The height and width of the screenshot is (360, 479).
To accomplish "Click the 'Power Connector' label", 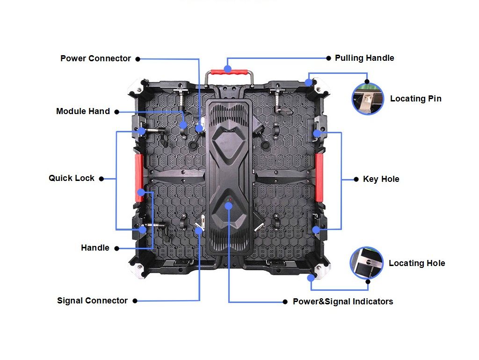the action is pyautogui.click(x=95, y=58).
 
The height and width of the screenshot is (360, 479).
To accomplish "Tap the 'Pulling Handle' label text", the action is pyautogui.click(x=364, y=58).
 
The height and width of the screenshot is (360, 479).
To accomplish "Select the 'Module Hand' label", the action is pyautogui.click(x=83, y=111).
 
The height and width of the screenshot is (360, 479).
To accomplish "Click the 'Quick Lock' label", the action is pyautogui.click(x=72, y=178).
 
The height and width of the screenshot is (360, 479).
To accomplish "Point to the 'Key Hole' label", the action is pyautogui.click(x=381, y=179).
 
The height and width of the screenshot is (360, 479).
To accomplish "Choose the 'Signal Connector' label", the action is pyautogui.click(x=92, y=301).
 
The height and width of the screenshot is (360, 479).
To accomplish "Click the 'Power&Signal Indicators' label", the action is pyautogui.click(x=343, y=302).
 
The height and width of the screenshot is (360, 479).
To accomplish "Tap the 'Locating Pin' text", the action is pyautogui.click(x=416, y=99).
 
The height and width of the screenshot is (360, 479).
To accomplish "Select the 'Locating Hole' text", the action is pyautogui.click(x=417, y=263).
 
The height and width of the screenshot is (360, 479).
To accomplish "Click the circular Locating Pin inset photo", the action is pyautogui.click(x=368, y=99).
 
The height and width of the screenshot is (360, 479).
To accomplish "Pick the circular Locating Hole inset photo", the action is pyautogui.click(x=366, y=263).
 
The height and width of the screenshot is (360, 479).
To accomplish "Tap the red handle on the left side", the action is pyautogui.click(x=139, y=178).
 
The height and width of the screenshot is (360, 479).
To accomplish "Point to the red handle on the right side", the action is pyautogui.click(x=319, y=177).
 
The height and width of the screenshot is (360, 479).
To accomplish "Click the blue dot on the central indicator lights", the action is pyautogui.click(x=228, y=206).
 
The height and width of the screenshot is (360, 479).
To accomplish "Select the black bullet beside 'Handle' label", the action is pyautogui.click(x=116, y=249).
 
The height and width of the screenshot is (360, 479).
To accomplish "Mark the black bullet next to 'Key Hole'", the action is pyautogui.click(x=356, y=179).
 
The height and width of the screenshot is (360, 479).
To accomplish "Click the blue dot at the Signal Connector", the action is pyautogui.click(x=198, y=230).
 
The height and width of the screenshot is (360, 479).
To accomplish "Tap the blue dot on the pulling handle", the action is pyautogui.click(x=227, y=69).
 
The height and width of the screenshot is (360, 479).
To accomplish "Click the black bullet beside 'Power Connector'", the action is pyautogui.click(x=138, y=59).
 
